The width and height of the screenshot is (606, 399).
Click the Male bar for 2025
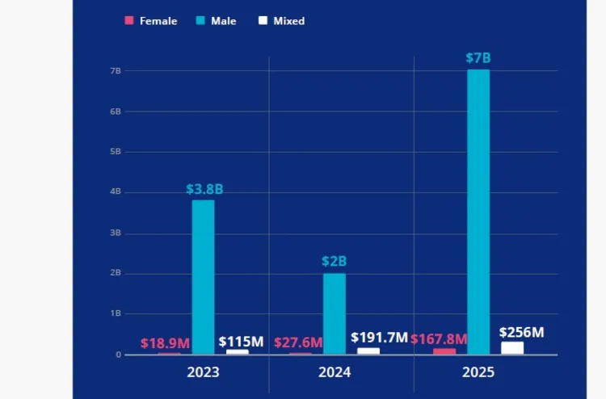coord(478,212)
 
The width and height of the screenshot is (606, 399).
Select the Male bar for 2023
coord(203,277)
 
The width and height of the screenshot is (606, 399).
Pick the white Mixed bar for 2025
coord(512,348)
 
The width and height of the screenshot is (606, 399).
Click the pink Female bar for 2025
coord(444,351)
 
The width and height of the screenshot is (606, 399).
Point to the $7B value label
coord(478,58)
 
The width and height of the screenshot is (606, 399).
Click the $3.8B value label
coord(204,189)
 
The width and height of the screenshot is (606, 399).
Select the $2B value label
coord(335,262)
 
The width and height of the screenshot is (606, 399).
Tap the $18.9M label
coord(165,343)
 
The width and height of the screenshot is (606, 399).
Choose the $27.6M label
coord(298,342)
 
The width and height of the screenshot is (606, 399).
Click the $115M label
coord(241,342)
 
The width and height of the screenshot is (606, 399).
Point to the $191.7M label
coord(379,338)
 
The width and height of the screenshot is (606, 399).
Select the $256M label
coord(521,332)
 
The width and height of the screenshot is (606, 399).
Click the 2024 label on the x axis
coord(335,372)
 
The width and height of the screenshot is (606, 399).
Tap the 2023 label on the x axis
coord(203,372)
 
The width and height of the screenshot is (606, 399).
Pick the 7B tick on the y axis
coord(116,71)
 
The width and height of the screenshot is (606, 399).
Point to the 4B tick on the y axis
coord(116,192)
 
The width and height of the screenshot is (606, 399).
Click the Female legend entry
coord(151,21)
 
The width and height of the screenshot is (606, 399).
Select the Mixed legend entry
coord(282,21)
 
